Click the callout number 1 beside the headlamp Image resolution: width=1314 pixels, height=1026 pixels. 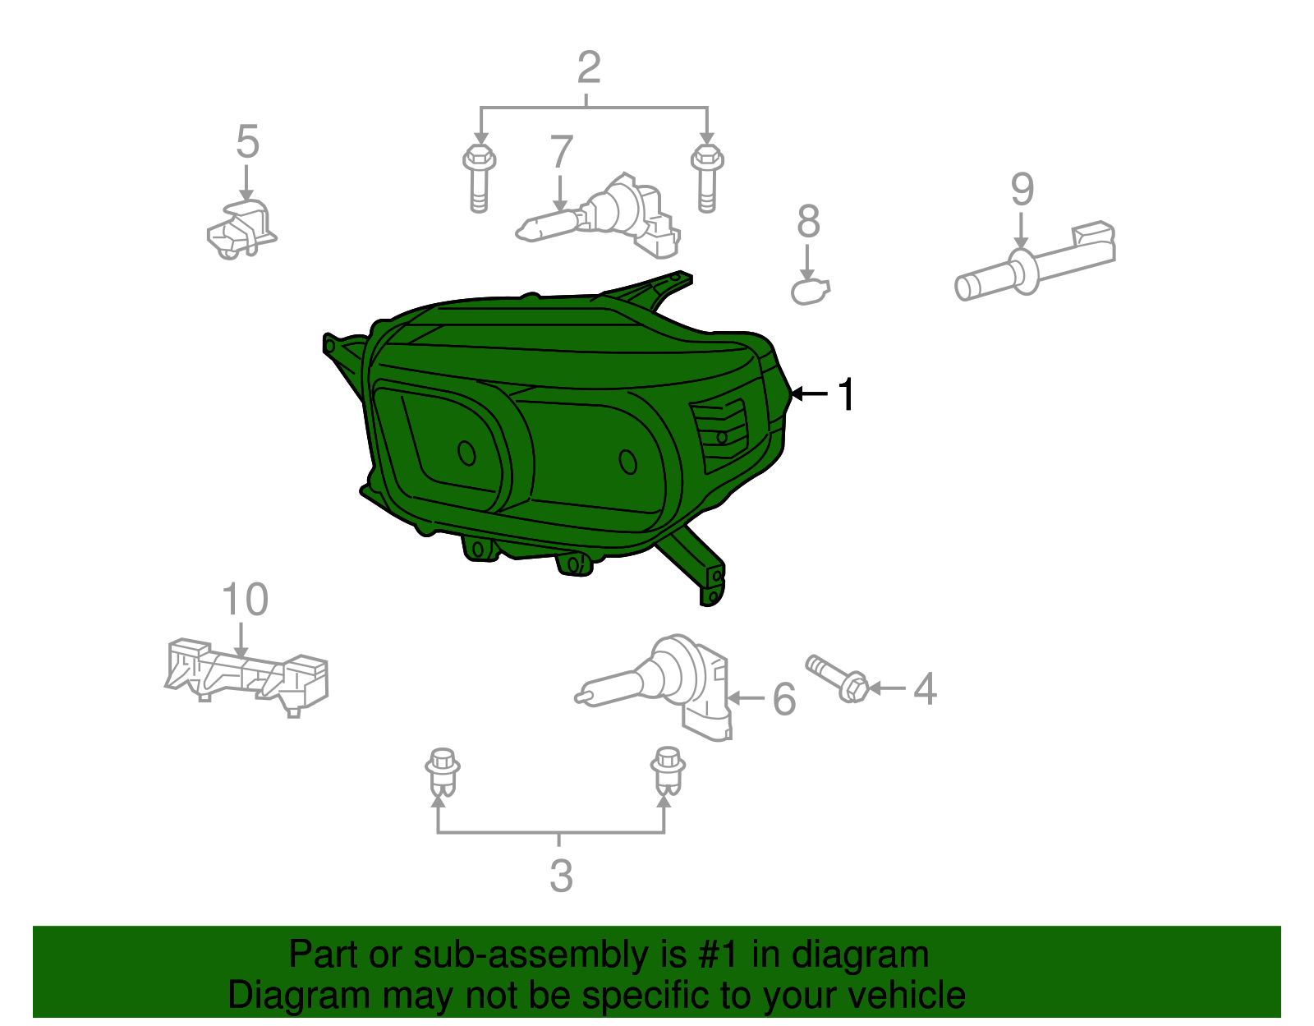(846, 394)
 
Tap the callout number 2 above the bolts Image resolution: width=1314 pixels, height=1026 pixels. (589, 67)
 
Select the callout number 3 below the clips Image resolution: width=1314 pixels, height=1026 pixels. (561, 876)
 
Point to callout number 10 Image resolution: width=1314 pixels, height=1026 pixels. (245, 599)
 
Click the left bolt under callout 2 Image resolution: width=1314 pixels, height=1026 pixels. (479, 178)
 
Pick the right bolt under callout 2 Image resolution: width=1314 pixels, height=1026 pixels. (707, 178)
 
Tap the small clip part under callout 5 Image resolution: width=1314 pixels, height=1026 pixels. (242, 230)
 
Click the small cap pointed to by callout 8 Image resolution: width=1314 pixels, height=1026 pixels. (811, 292)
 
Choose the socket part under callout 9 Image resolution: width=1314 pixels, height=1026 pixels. (1035, 262)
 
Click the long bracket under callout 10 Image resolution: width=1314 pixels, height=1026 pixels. (246, 677)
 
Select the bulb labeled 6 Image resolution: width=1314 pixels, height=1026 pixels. (655, 688)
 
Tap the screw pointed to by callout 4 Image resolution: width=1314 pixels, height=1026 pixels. (837, 679)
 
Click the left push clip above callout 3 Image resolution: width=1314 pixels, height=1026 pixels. (442, 773)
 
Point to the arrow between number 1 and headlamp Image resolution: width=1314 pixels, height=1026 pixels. (809, 394)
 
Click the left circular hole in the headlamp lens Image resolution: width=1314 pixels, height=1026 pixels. (466, 453)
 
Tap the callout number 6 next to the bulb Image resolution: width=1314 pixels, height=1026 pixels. (784, 699)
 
